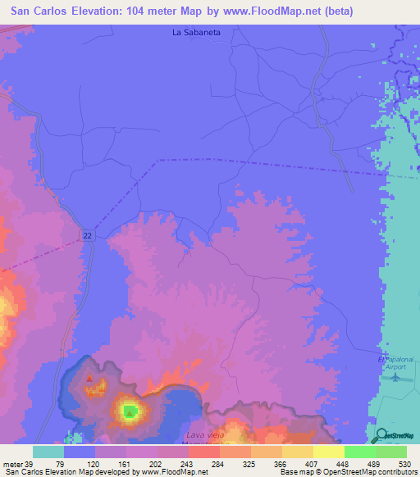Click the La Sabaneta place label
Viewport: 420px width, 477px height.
click(x=197, y=34)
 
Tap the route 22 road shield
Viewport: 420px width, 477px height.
click(x=86, y=235)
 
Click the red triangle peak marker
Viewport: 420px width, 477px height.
click(x=89, y=379)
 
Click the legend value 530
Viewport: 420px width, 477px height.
click(x=405, y=463)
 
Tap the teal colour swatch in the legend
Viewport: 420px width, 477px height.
click(x=48, y=452)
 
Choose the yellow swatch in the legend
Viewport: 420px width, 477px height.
click(x=328, y=452)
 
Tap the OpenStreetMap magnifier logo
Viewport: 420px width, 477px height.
click(x=382, y=435)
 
